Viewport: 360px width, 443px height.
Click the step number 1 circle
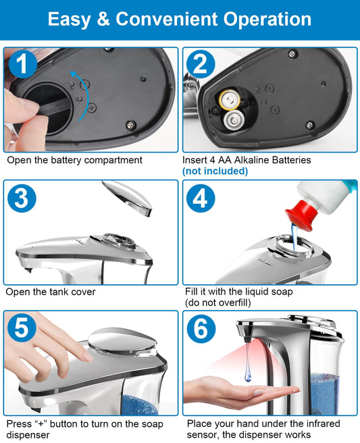23,64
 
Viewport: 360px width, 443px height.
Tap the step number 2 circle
201,64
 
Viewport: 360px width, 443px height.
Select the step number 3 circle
22,198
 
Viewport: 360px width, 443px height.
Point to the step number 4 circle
201,198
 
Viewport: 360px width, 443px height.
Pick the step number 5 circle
22,328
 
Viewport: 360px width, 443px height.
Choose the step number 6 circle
201,329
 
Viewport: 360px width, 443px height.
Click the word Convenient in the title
167,19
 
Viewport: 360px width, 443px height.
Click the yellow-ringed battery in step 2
230,100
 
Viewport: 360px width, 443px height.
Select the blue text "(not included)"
215,172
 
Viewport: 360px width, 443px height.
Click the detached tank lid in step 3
127,197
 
